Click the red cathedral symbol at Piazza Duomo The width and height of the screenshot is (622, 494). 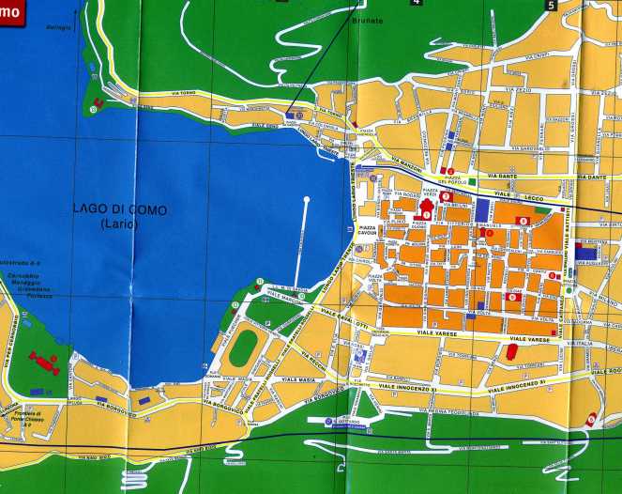point(427,208)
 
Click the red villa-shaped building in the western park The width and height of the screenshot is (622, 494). point(42,361)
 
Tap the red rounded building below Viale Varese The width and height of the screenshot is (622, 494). point(511,353)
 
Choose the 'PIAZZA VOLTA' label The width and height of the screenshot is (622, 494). point(372,278)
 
